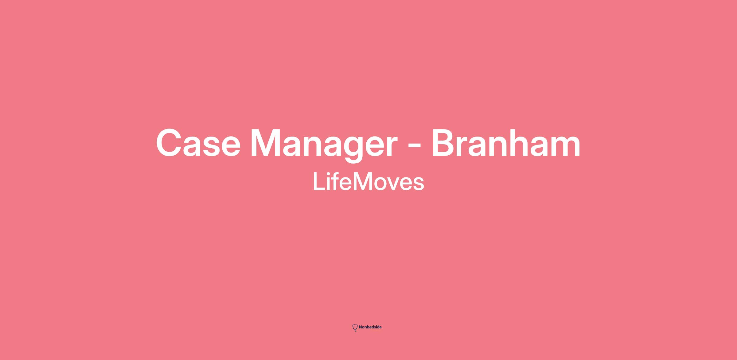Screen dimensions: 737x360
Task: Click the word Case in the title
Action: pyautogui.click(x=198, y=143)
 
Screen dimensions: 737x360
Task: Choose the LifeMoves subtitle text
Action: pyautogui.click(x=368, y=181)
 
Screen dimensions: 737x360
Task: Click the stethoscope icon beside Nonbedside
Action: pyautogui.click(x=355, y=328)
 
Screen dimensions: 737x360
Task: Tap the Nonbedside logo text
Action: pyautogui.click(x=370, y=327)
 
